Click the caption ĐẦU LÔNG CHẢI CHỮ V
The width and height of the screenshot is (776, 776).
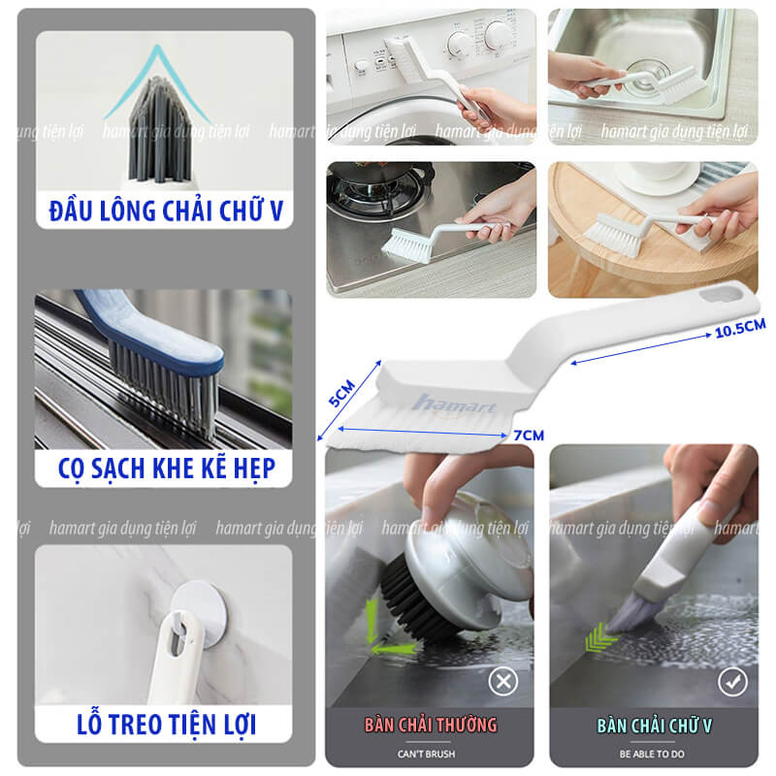164,210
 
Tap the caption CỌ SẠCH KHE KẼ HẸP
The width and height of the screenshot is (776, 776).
164,469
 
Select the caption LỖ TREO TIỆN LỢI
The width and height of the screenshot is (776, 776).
164,724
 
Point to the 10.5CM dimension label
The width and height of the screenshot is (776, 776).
739,327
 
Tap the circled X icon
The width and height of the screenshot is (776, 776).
502,682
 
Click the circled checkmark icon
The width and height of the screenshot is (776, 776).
732,682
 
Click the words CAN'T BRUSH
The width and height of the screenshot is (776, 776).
427,754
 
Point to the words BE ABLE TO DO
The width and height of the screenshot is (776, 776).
653,754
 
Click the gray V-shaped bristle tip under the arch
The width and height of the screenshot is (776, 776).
159,126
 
